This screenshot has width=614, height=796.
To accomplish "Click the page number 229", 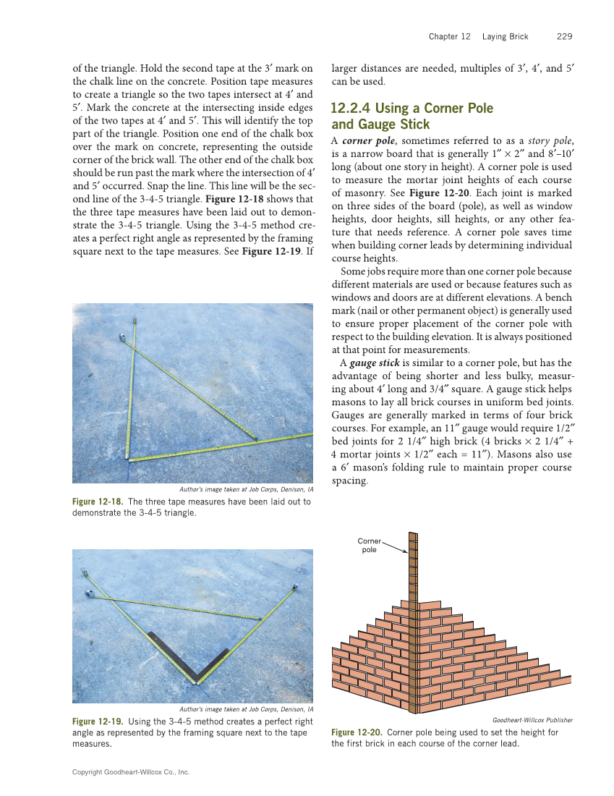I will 565,36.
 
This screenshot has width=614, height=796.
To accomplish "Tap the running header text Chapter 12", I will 449,36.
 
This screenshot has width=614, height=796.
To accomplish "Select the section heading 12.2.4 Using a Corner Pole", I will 412,109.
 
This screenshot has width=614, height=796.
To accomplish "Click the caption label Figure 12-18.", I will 98,501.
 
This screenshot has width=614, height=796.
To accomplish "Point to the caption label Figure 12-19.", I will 98,721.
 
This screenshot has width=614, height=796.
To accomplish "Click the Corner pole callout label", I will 369,546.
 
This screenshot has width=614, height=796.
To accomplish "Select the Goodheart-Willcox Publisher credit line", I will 532,720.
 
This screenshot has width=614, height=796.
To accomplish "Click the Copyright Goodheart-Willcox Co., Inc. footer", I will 131,772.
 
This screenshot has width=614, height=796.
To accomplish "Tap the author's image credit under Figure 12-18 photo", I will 246,489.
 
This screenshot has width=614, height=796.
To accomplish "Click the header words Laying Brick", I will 506,36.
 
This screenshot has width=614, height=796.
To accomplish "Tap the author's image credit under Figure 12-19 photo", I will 246,709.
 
